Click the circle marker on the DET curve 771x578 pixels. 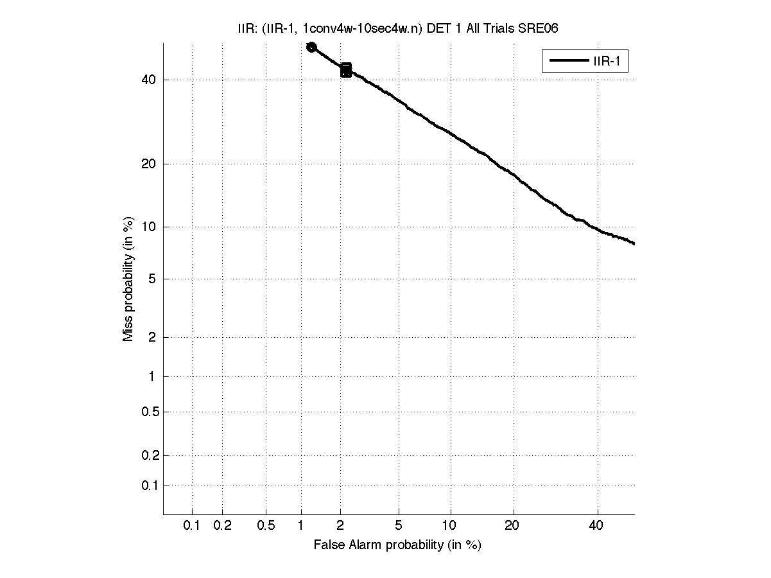point(311,47)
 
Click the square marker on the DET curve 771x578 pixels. point(346,70)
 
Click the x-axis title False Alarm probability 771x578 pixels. point(397,545)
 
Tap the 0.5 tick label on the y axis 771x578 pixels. point(149,412)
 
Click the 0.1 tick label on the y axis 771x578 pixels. point(149,486)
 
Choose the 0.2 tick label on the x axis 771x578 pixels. point(222,526)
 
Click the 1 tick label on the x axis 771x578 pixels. point(301,526)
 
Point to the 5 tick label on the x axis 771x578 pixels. point(399,526)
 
